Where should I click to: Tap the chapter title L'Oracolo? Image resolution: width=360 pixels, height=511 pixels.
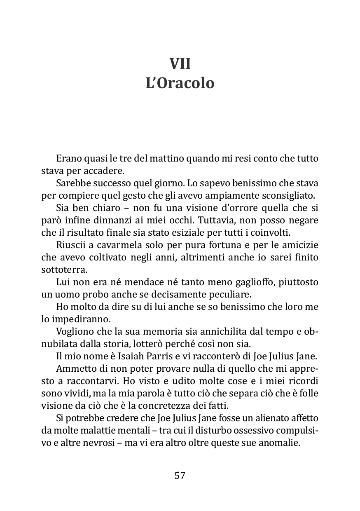pyautogui.click(x=180, y=83)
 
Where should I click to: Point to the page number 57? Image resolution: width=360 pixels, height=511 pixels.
pyautogui.click(x=180, y=475)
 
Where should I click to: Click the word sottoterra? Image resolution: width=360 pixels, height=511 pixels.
pyautogui.click(x=63, y=270)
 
